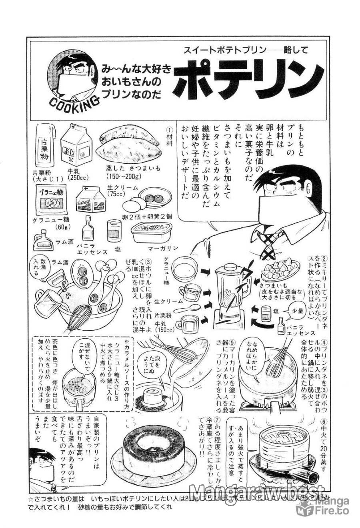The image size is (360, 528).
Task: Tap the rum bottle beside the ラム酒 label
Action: (x=42, y=241)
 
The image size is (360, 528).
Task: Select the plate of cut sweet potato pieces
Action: (x=280, y=271)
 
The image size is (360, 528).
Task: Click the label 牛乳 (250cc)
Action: (x=77, y=175)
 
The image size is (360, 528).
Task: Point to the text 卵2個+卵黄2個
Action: (x=147, y=216)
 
